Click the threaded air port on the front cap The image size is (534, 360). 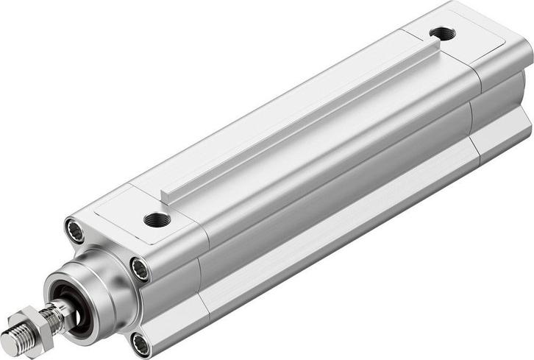[156, 219]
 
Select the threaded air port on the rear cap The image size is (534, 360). [442, 33]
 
